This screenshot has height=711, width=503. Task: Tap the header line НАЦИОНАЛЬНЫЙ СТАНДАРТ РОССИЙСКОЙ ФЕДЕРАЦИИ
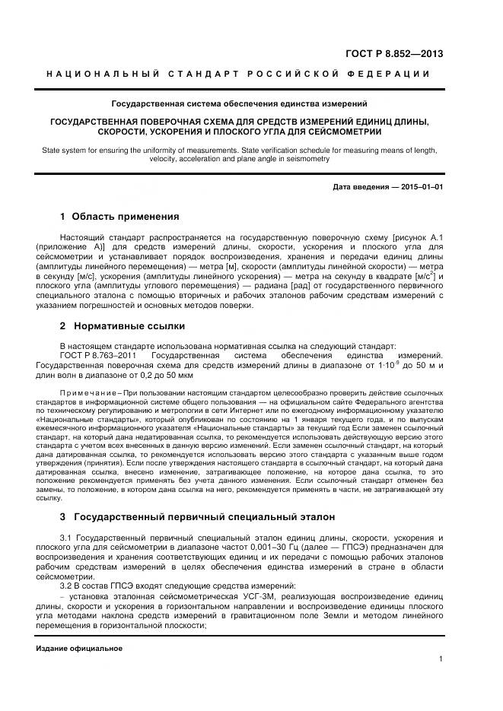click(x=239, y=74)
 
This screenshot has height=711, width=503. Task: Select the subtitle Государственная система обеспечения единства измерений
click(x=239, y=103)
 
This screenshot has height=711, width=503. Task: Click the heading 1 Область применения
click(x=119, y=217)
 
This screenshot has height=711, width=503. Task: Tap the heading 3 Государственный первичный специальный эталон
click(x=197, y=517)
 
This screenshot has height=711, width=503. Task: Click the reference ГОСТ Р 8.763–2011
click(x=91, y=356)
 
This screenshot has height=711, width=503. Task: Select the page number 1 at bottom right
click(x=441, y=659)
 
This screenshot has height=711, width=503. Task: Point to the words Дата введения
click(x=361, y=186)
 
